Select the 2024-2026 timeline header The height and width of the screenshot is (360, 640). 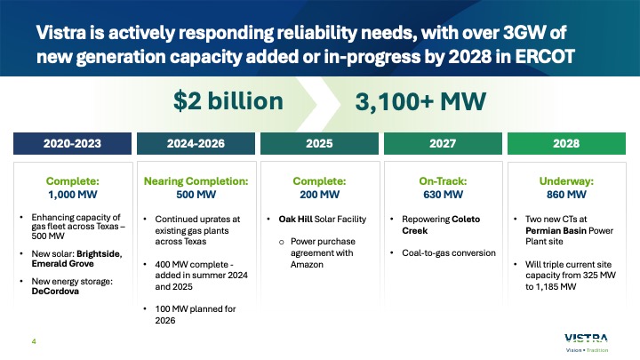tap(194, 141)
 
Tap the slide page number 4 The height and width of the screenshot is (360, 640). tap(33, 338)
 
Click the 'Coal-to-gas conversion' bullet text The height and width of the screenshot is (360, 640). tap(449, 253)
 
